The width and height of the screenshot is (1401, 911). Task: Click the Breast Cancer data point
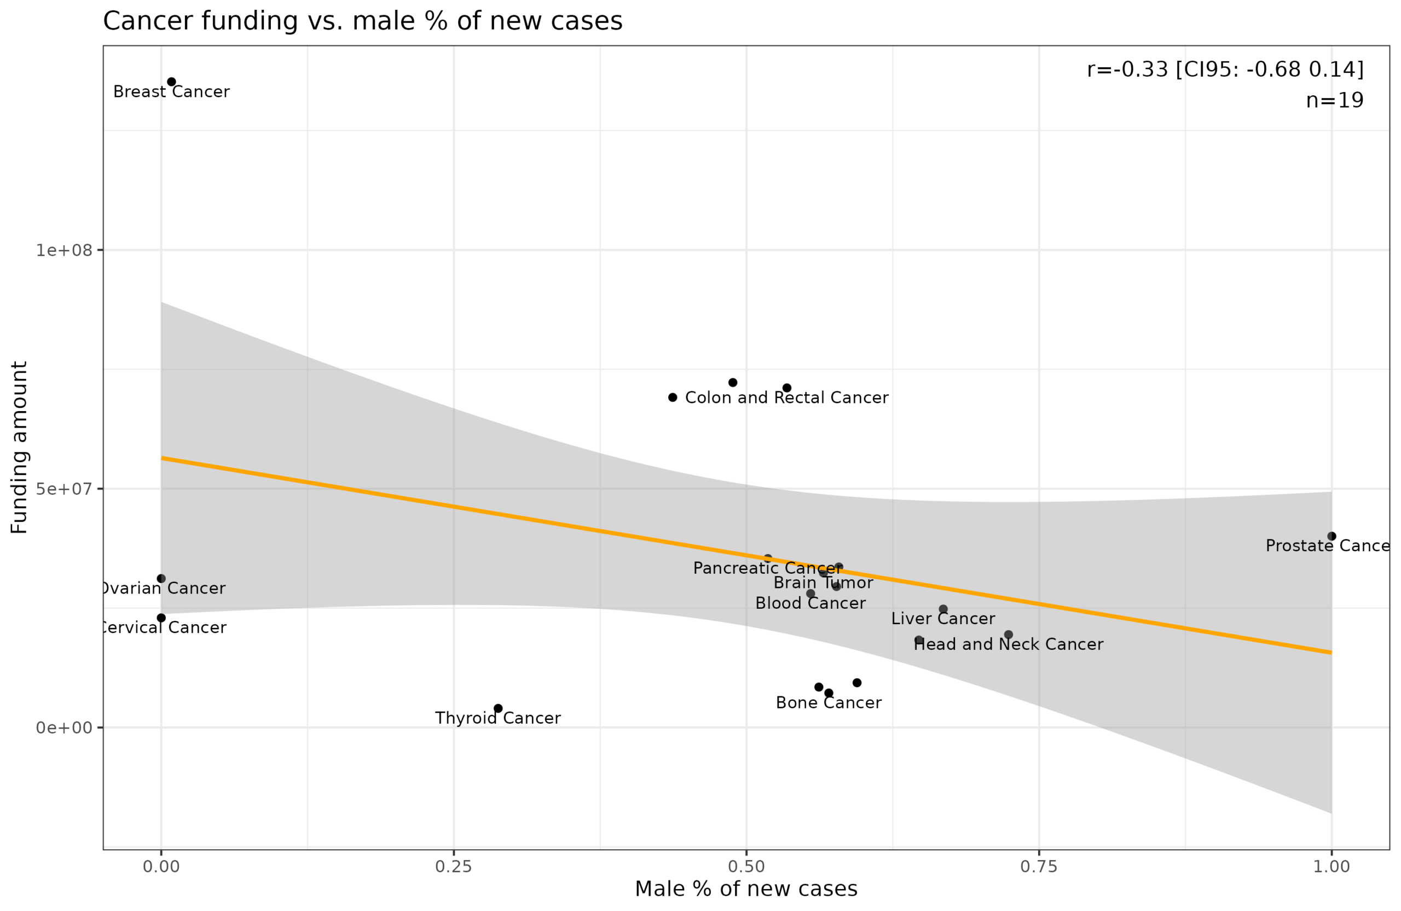[171, 82]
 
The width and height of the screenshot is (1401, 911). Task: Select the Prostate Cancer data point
[1331, 537]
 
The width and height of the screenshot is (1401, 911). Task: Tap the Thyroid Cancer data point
[498, 708]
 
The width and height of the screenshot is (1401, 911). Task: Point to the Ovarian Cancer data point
[161, 579]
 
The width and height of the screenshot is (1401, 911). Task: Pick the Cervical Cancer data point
[161, 618]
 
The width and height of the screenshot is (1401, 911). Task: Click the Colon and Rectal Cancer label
[786, 398]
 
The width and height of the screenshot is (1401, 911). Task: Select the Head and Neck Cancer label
[1009, 645]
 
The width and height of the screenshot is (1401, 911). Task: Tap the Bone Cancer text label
[828, 703]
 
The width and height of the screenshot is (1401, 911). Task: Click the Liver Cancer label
[943, 619]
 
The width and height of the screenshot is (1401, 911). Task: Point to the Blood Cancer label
[810, 604]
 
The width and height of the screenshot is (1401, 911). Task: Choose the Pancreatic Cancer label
[768, 568]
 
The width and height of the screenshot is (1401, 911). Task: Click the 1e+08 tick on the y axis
[64, 250]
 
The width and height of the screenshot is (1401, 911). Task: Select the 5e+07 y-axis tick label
[64, 489]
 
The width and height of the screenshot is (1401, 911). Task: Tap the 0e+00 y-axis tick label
[64, 728]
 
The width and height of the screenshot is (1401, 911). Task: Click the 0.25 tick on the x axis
[453, 867]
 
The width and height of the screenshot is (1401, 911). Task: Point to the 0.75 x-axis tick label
[1039, 867]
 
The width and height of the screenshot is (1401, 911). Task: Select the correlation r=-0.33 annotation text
[1225, 70]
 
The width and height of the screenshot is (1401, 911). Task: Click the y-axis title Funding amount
[19, 447]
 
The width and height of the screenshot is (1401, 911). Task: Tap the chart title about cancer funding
[363, 21]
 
